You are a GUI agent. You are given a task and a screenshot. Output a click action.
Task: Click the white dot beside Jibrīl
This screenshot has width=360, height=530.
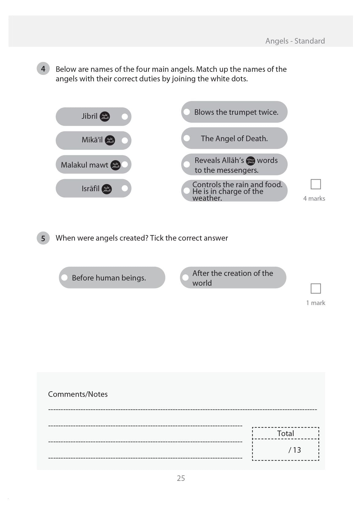[125, 117]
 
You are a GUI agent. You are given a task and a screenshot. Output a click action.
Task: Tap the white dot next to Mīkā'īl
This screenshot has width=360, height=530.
[125, 141]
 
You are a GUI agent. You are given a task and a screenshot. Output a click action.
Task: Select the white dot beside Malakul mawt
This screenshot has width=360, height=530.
[125, 164]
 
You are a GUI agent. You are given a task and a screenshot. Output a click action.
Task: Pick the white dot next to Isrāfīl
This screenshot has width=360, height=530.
[125, 188]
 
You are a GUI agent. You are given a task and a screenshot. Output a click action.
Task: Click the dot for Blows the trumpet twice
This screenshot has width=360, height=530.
[187, 112]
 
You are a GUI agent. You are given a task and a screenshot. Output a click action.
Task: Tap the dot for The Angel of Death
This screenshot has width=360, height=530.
[187, 138]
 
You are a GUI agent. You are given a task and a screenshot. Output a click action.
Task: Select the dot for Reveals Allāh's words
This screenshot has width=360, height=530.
[187, 164]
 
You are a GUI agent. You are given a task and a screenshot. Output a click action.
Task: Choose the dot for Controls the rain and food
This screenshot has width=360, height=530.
[187, 191]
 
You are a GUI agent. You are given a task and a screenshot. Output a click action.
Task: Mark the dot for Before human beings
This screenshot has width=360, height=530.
[64, 277]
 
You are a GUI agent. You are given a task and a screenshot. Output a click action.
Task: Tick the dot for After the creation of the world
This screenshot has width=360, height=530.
[186, 277]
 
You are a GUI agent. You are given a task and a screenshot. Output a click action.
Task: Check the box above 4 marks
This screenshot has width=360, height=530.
[316, 184]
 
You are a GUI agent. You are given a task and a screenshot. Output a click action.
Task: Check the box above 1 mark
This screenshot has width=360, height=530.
[316, 288]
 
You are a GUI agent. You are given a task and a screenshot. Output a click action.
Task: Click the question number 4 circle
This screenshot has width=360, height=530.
[43, 69]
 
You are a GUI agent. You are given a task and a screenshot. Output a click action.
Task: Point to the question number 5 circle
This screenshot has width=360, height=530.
[43, 238]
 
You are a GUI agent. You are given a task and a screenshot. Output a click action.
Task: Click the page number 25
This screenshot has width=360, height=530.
[181, 478]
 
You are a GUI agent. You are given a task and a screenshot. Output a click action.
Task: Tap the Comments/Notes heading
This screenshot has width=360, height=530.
[78, 394]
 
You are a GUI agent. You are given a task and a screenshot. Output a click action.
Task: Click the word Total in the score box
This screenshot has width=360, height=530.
[285, 433]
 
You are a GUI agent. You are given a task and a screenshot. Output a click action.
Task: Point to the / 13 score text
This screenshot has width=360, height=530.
[295, 450]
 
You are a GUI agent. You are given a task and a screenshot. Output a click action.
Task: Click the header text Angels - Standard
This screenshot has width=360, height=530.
[295, 41]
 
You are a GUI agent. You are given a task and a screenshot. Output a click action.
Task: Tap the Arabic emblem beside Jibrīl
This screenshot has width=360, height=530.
[105, 117]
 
